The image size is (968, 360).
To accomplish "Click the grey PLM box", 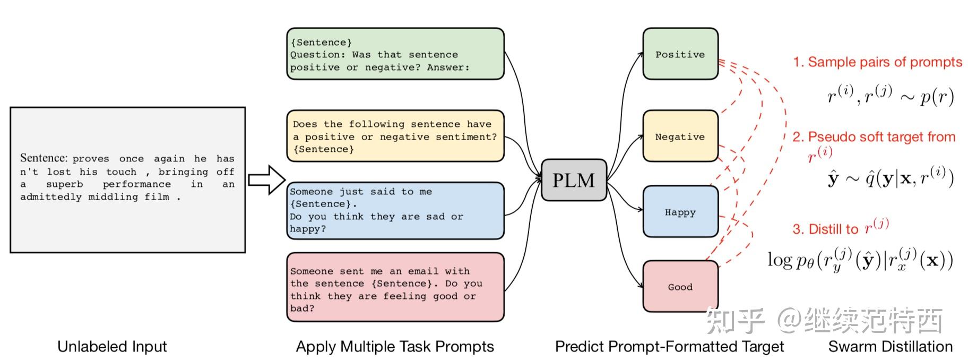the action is pos(574,180).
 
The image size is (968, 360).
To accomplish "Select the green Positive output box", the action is pos(680,54).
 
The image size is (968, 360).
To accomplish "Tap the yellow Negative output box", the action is pos(680,136).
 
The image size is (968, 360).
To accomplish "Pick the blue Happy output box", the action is pos(680,212).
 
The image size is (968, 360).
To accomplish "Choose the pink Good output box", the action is pos(680,287).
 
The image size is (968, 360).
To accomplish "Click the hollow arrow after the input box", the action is pos(267,180).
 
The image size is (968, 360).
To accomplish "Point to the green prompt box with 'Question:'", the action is pos(395,54).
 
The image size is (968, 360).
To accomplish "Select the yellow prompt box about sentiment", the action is pos(395,136).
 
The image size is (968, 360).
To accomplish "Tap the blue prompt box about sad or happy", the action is pos(395,211).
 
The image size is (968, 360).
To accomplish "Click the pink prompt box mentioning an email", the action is pos(395,287).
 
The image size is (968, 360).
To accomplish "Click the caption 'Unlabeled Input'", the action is pos(112,347).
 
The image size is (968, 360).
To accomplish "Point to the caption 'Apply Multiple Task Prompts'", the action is pos(395,347).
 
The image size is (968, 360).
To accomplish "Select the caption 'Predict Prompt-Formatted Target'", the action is pos(669,347).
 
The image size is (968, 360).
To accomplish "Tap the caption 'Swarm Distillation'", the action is pos(891,347).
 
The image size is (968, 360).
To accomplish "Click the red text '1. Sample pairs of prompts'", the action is pos(877,62).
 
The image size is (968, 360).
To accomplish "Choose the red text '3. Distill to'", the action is pos(825,229).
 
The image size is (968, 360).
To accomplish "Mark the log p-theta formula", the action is pos(860,260).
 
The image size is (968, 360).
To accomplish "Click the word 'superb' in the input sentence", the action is pos(65,184).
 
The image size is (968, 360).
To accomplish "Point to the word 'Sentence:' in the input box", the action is pos(44,158).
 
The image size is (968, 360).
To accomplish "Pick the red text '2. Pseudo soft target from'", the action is pos(874,137).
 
